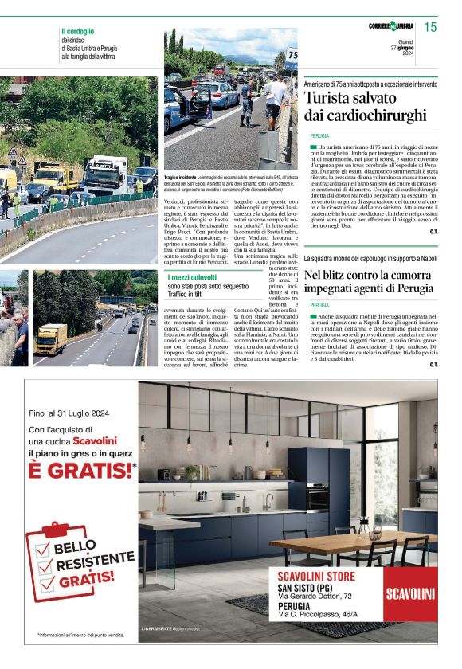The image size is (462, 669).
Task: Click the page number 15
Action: pos(430,27)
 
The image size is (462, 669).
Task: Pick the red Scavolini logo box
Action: pos(410,593)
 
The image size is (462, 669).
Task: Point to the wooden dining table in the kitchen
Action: pos(358,545)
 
